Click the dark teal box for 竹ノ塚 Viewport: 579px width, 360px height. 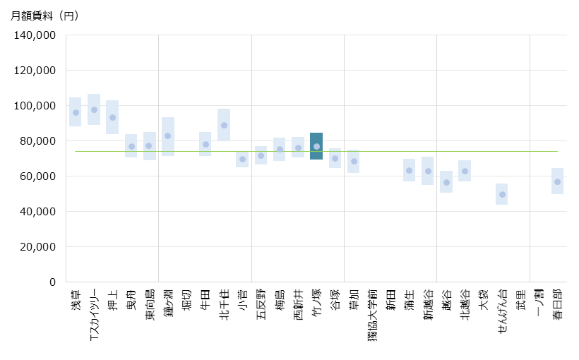coord(316,146)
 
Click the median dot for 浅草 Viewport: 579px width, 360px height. coord(76,112)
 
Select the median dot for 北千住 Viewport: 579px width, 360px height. coord(224,125)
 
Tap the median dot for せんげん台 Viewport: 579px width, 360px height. coord(502,194)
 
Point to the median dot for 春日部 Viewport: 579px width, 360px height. coord(557,181)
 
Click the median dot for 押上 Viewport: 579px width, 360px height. coord(112,117)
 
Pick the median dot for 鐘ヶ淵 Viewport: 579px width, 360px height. coord(168,136)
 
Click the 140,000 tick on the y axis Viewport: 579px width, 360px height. coord(35,35)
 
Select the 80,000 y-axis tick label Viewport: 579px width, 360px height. coord(37,141)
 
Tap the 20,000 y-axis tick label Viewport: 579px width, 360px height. coord(37,247)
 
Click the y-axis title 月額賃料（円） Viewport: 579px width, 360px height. coord(44,16)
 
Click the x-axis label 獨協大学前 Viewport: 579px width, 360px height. coord(372,315)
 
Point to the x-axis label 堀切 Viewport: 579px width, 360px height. coord(187,300)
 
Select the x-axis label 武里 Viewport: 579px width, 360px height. coord(520,300)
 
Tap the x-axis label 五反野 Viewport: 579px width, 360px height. coord(261,304)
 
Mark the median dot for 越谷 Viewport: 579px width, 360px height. coord(446,182)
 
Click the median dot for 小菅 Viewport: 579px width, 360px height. coord(242,159)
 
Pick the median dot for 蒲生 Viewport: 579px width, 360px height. coord(409,170)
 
